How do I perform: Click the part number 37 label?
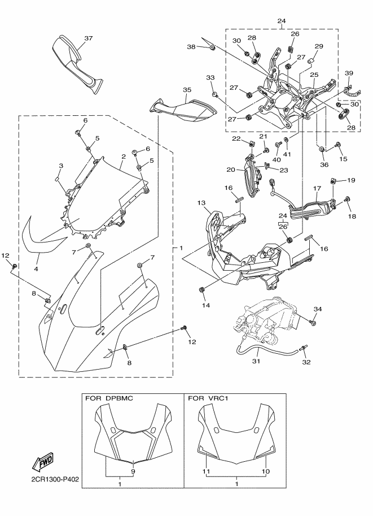click(x=88, y=39)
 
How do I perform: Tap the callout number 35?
click(x=187, y=89)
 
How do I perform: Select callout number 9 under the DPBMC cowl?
click(x=133, y=471)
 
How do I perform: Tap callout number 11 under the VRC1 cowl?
click(x=207, y=471)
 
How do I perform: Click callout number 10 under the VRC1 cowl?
click(x=266, y=471)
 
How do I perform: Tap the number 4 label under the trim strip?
click(x=36, y=270)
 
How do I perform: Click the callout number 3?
click(x=61, y=166)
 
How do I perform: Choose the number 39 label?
click(x=349, y=73)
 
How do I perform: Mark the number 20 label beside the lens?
click(x=231, y=169)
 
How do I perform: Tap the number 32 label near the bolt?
click(x=306, y=362)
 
